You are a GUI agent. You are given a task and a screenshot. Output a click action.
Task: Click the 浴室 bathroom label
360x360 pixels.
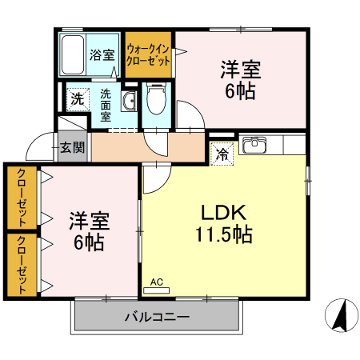pos(102,55)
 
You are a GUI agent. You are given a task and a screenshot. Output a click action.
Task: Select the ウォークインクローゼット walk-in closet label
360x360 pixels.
pos(149,54)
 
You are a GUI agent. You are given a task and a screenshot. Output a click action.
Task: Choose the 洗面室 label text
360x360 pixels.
pos(106,103)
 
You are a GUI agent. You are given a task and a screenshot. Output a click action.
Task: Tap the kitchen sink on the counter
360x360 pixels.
pos(255,145)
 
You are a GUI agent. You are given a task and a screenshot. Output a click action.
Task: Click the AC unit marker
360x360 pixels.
pos(156,282)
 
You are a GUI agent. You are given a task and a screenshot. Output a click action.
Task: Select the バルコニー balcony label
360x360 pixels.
pos(157,318)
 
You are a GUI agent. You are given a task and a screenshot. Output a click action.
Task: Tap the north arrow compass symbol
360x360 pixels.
pos(339,316)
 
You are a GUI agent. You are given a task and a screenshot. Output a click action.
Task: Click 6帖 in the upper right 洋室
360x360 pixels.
pos(241,91)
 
